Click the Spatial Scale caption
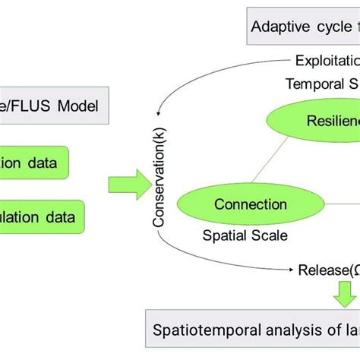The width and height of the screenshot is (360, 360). pos(245,235)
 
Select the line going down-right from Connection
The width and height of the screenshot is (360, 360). pos(327,232)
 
